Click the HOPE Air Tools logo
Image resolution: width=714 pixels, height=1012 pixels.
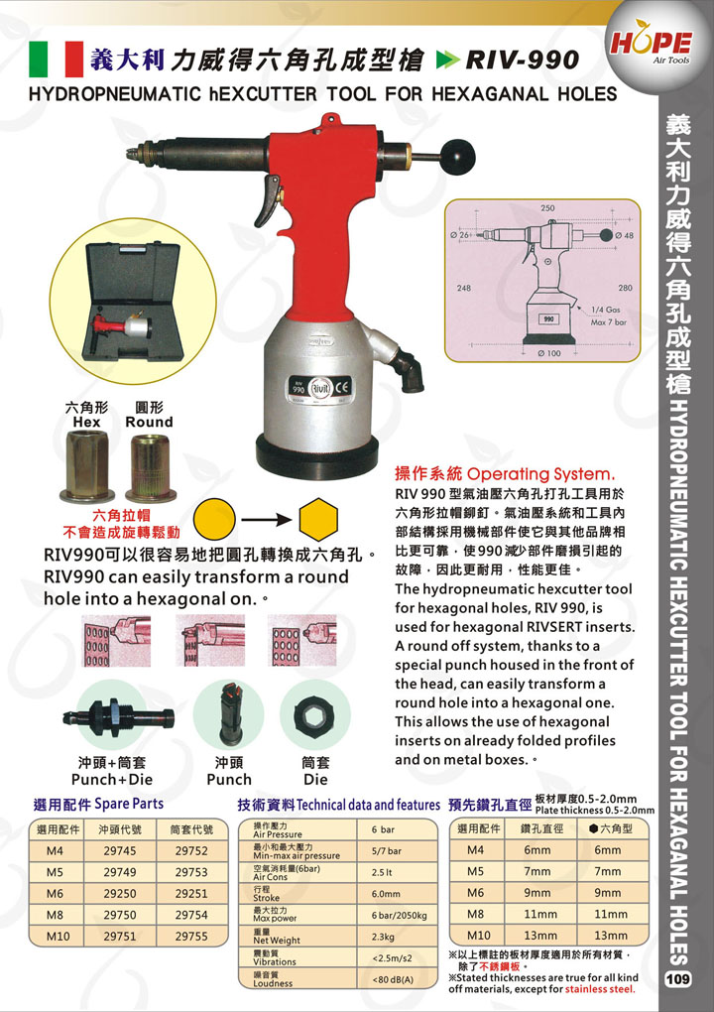pyautogui.click(x=651, y=46)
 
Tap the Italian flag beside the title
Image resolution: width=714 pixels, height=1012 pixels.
pyautogui.click(x=57, y=59)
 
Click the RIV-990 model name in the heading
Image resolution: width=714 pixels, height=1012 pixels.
pyautogui.click(x=522, y=60)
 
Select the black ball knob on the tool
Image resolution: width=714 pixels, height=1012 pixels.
pyautogui.click(x=458, y=153)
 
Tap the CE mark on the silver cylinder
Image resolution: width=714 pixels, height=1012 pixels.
pyautogui.click(x=341, y=387)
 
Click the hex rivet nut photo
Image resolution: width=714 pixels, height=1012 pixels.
pyautogui.click(x=87, y=466)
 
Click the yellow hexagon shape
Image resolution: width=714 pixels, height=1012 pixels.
pyautogui.click(x=318, y=519)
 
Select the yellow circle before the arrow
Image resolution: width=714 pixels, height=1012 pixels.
pyautogui.click(x=214, y=519)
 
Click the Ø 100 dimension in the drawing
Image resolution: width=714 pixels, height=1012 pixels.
pyautogui.click(x=548, y=353)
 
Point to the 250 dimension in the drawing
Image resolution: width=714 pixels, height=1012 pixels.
pyautogui.click(x=547, y=207)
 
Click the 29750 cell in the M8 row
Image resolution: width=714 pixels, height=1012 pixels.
pyautogui.click(x=120, y=914)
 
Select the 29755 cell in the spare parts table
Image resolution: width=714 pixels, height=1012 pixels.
pyautogui.click(x=191, y=936)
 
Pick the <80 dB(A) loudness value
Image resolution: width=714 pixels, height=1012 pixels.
pyautogui.click(x=393, y=979)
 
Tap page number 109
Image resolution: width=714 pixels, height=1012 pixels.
pyautogui.click(x=678, y=978)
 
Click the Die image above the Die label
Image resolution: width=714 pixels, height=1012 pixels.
pyautogui.click(x=315, y=715)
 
